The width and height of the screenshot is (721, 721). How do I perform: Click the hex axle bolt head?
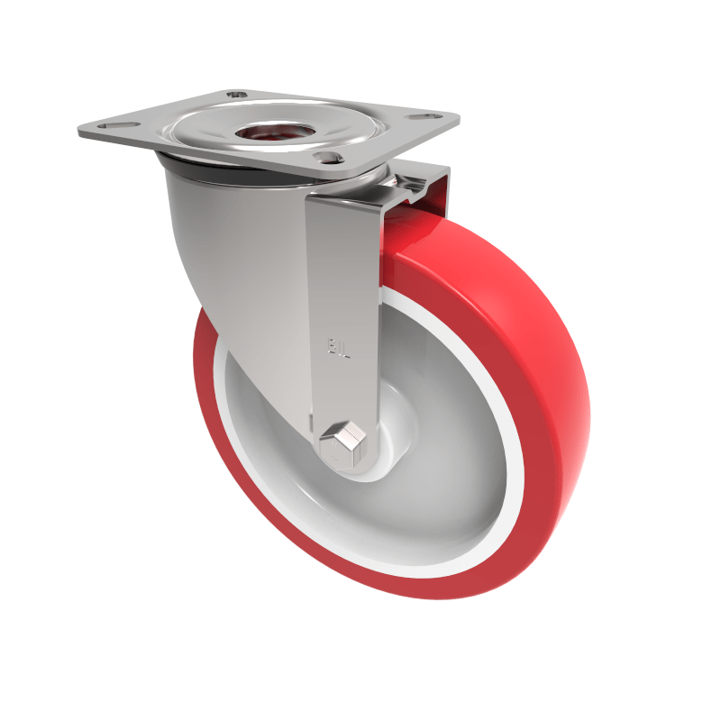[343, 443]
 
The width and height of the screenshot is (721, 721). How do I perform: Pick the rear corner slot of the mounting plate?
[237, 93]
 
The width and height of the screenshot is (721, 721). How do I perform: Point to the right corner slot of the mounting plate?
[420, 116]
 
